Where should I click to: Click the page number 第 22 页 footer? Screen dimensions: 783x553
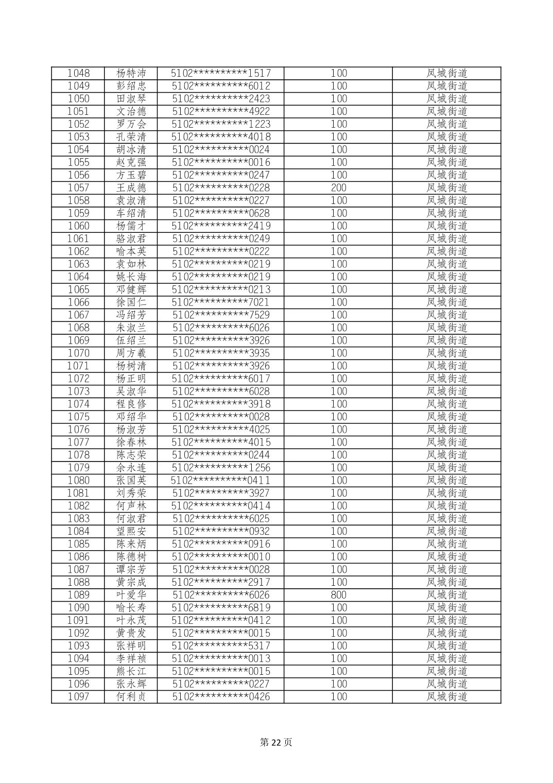click(276, 742)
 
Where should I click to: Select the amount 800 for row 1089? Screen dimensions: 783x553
click(338, 595)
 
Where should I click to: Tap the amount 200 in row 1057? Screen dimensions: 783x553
click(338, 188)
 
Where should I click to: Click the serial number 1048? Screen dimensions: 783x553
click(78, 73)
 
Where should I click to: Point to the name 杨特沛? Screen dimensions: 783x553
click(131, 73)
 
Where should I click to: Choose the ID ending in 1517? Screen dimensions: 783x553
click(221, 73)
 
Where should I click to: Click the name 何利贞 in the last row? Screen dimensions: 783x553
click(131, 697)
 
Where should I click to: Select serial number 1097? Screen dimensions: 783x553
click(78, 697)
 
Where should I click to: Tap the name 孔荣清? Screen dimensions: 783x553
click(131, 137)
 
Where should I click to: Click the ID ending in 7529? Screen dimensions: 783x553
click(221, 315)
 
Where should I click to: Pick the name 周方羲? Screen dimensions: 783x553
click(131, 353)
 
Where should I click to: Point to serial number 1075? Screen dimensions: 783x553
click(78, 417)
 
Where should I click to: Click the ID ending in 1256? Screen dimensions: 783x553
click(221, 468)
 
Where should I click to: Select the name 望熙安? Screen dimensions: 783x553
click(131, 531)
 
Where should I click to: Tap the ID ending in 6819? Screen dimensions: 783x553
click(221, 608)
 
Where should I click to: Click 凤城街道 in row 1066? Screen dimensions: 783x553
click(446, 302)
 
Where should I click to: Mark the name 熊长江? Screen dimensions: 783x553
click(131, 671)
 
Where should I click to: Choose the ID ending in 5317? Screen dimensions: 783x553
click(221, 646)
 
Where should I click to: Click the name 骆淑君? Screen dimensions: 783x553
click(131, 239)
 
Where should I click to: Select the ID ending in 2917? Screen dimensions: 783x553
click(221, 582)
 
